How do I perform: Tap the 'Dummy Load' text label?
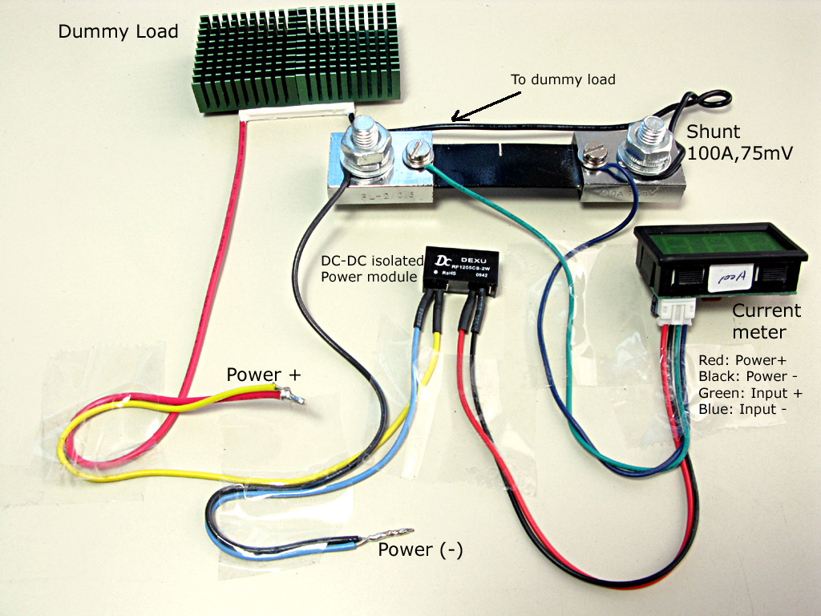pos(118,32)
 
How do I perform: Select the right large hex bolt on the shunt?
pos(649,141)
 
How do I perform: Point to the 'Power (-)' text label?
pos(420,550)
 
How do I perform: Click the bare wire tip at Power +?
pos(292,395)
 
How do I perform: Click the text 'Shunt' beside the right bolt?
pos(714,132)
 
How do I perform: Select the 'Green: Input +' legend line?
pos(750,393)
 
